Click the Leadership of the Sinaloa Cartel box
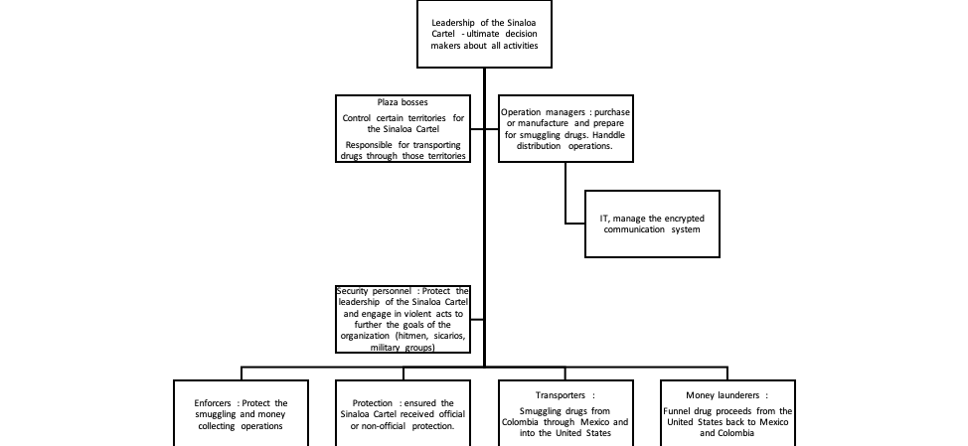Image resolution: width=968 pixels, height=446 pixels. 484,34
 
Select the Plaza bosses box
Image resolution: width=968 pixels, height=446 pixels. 402,128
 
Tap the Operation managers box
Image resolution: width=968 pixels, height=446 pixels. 565,128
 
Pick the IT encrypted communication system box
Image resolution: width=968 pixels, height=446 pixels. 651,223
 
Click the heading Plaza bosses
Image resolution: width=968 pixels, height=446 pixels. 402,102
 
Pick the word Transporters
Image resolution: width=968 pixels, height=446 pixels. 558,394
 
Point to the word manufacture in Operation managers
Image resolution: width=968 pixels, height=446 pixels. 554,122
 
